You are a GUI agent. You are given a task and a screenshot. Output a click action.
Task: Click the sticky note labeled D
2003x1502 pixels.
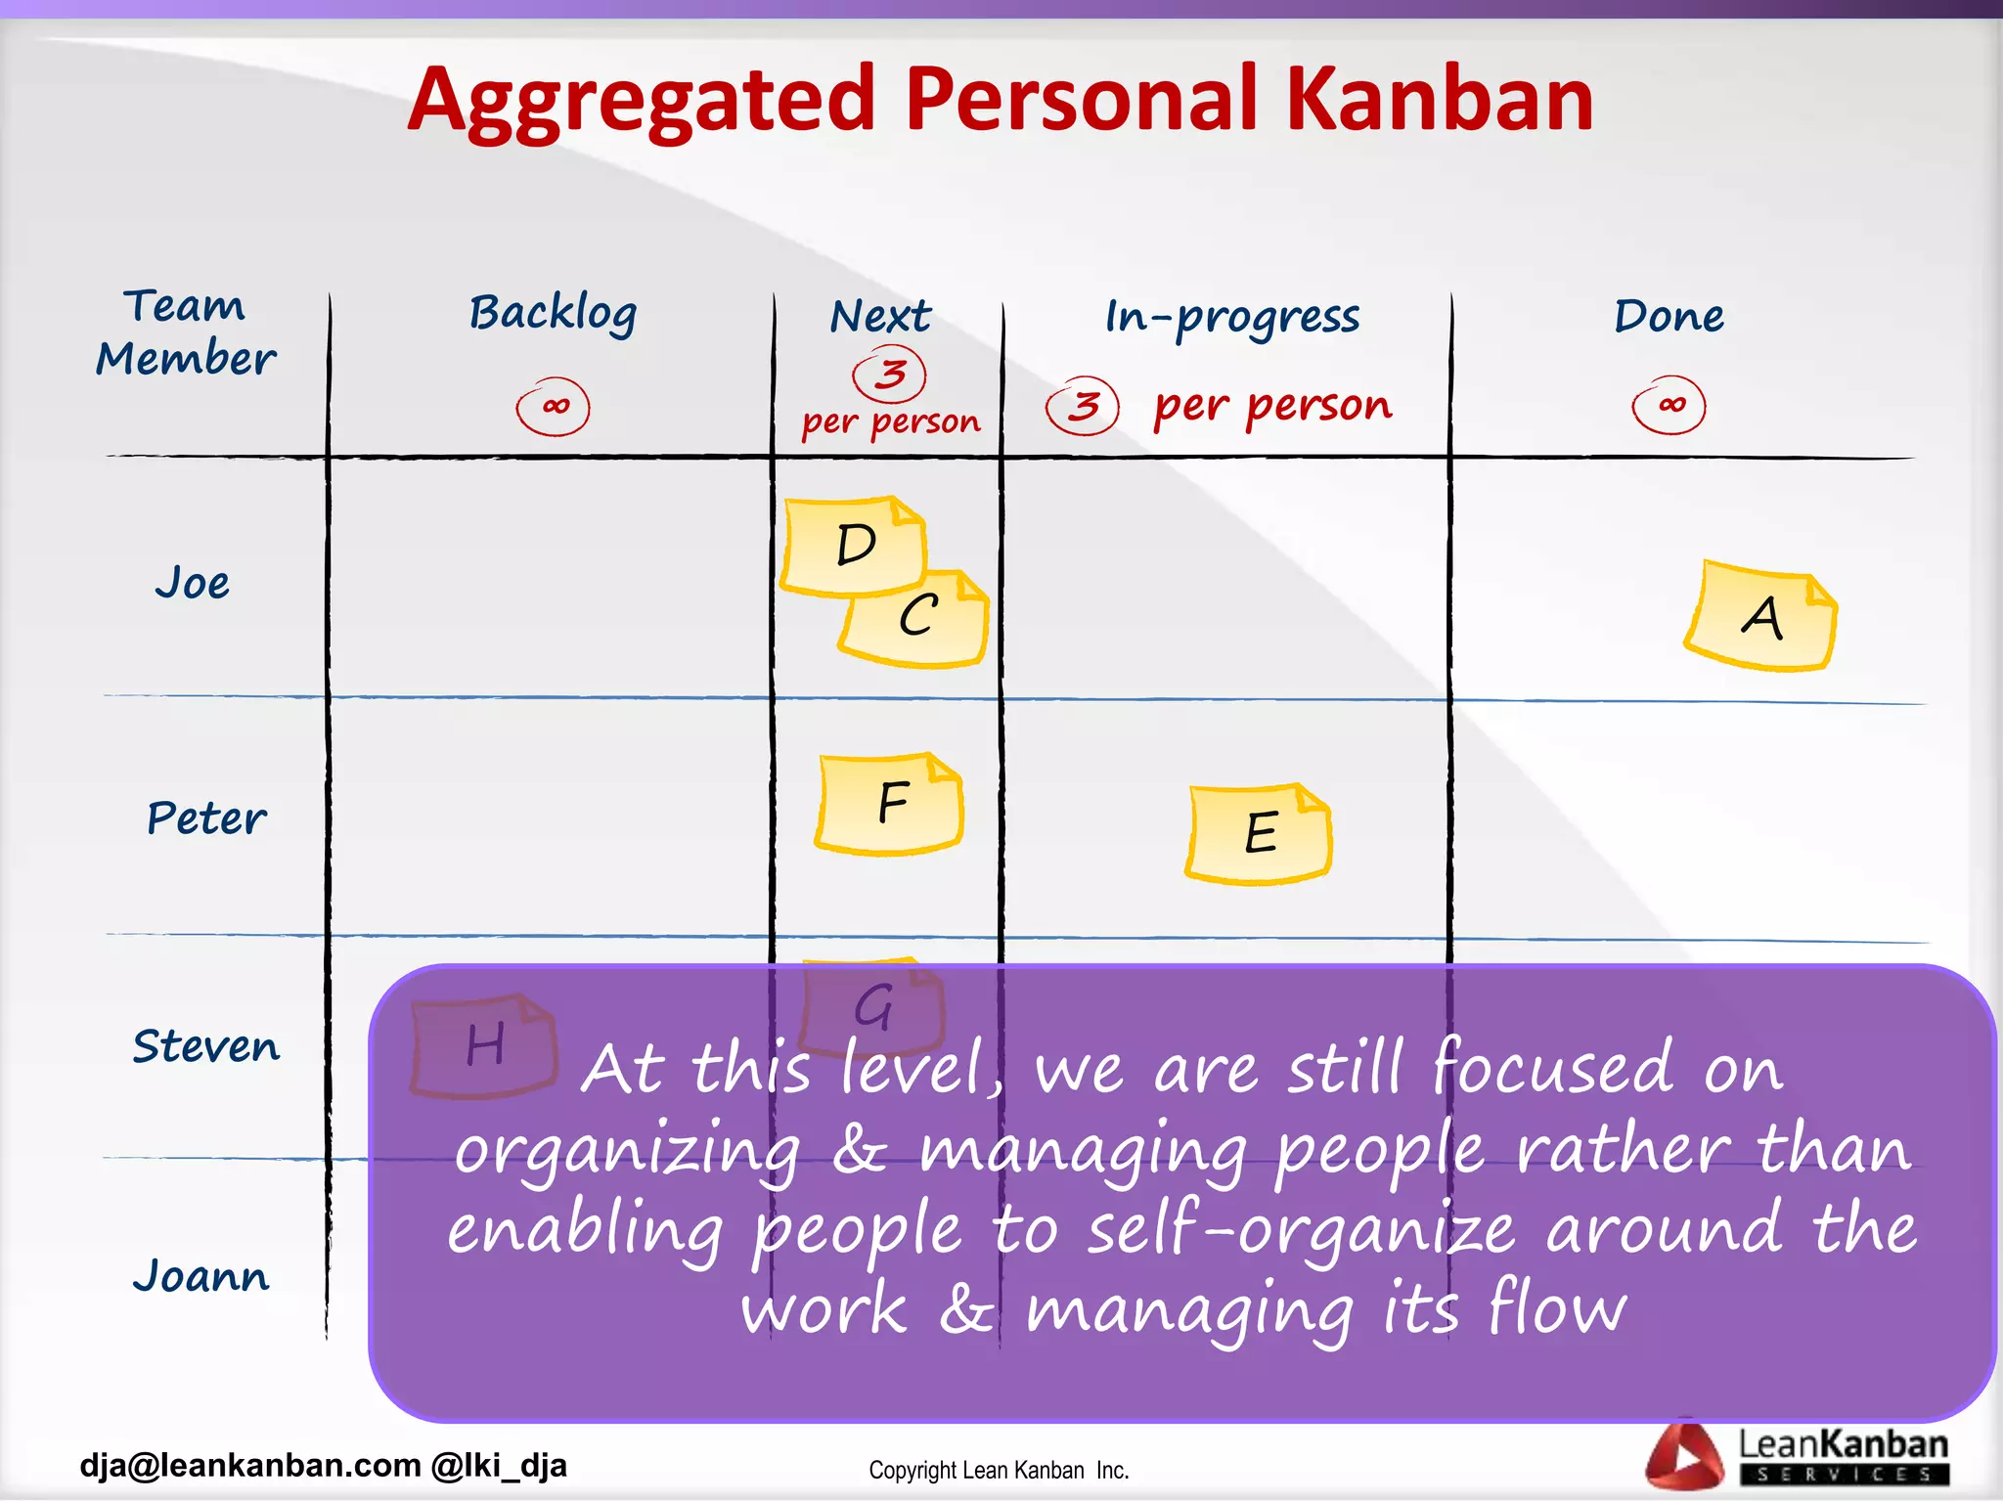click(x=854, y=544)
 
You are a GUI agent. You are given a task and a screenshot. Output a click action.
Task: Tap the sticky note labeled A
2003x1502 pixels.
click(x=1760, y=617)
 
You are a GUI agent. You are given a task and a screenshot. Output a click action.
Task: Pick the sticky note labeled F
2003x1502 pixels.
click(x=890, y=803)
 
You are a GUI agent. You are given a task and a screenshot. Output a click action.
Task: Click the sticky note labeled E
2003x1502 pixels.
click(x=1259, y=833)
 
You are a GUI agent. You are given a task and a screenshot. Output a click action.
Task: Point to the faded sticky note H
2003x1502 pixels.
click(x=484, y=1044)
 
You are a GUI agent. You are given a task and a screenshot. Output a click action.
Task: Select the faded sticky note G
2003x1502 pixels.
click(x=873, y=1007)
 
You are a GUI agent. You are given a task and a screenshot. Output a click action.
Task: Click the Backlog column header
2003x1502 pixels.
click(x=553, y=313)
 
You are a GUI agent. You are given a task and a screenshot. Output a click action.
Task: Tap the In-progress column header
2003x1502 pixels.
click(x=1232, y=317)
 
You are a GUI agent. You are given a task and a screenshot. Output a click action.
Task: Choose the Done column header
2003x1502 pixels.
click(x=1669, y=316)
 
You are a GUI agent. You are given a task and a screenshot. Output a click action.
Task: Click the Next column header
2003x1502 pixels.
click(x=880, y=317)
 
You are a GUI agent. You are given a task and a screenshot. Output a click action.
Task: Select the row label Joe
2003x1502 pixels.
click(x=193, y=583)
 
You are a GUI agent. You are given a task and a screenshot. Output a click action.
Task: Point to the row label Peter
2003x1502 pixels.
click(x=206, y=817)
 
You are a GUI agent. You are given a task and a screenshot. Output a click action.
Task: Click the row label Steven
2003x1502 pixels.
click(x=206, y=1046)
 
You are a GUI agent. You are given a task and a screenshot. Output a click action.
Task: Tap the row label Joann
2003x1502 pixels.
click(x=201, y=1275)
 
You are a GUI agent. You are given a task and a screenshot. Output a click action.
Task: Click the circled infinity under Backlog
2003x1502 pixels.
click(x=554, y=406)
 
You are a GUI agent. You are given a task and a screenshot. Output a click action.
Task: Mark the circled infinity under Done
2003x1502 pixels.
click(x=1669, y=404)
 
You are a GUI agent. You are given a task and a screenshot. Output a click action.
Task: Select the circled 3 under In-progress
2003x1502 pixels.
click(x=1082, y=405)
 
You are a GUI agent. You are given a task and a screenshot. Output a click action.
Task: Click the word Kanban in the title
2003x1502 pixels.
click(x=1438, y=100)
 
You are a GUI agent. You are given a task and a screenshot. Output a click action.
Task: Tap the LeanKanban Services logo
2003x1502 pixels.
click(x=1798, y=1455)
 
